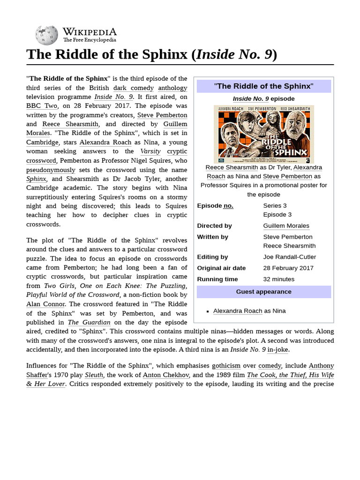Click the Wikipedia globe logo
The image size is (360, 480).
[46, 35]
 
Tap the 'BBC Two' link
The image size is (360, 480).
[42, 106]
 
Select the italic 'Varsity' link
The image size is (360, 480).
[150, 151]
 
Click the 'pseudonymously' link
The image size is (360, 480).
[51, 169]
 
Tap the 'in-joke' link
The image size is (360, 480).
[278, 349]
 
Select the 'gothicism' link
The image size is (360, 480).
[226, 366]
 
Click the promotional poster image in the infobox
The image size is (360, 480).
[264, 134]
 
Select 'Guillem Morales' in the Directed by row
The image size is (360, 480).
[286, 225]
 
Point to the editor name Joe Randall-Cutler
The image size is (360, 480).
[289, 256]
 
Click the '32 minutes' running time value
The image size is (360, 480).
[279, 279]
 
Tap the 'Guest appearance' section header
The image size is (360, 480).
[263, 292]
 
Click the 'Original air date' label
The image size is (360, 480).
[221, 268]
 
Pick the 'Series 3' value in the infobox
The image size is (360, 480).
[275, 205]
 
